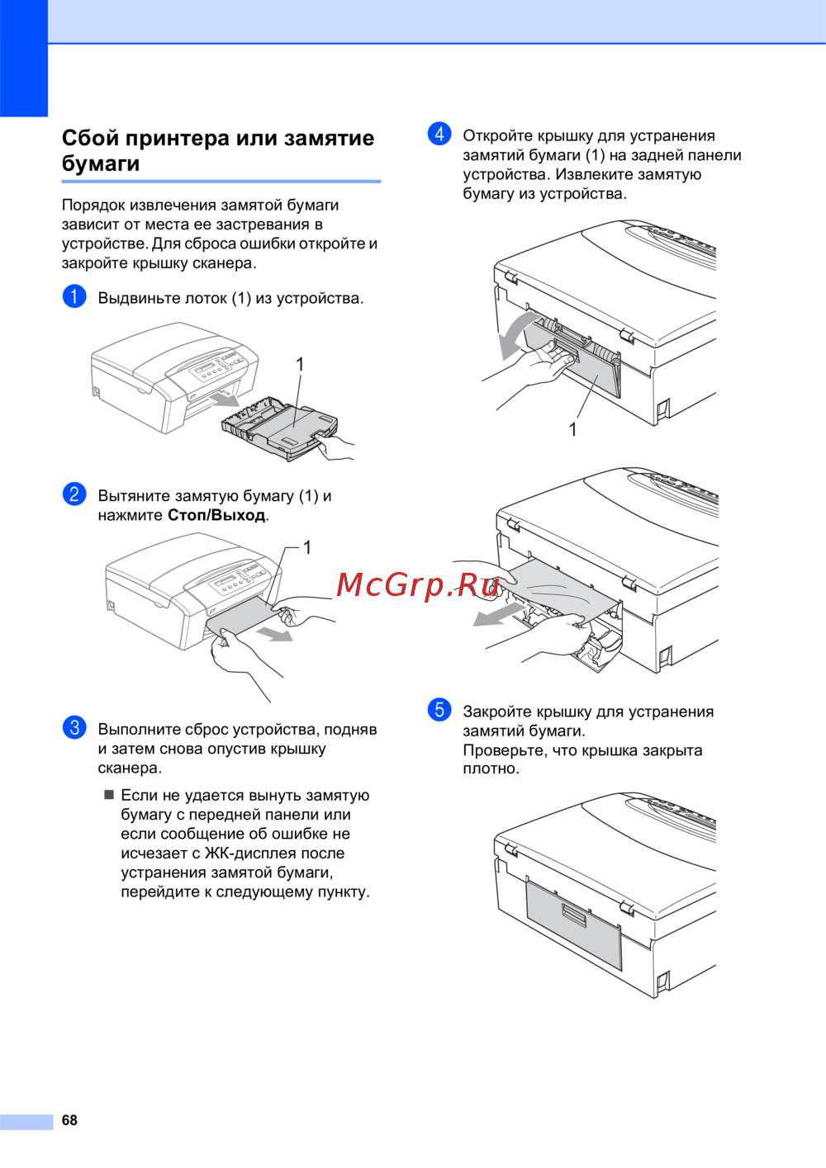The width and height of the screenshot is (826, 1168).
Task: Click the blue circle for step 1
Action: coord(74,296)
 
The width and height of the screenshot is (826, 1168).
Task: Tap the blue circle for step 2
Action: coord(74,494)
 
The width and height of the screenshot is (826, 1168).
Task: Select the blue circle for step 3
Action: coord(74,727)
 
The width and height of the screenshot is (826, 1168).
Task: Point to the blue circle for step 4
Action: coord(439,134)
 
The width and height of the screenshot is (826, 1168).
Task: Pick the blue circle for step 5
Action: coord(439,710)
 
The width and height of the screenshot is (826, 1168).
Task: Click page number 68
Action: coord(69,1120)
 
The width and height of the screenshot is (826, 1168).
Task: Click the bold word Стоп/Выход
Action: coord(216,515)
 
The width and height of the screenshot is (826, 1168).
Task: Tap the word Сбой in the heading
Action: coord(90,138)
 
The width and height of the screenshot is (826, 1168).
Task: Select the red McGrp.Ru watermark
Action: coord(418,584)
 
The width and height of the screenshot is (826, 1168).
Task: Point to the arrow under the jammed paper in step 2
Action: coord(273,633)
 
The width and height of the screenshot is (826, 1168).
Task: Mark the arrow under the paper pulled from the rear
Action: coord(498,616)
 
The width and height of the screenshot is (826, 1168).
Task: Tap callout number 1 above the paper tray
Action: coord(300,364)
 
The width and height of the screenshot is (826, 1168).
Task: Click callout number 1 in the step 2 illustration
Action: coord(307,547)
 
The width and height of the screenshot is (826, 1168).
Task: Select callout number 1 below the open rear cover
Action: coord(572,429)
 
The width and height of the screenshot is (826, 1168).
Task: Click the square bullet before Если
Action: coord(108,795)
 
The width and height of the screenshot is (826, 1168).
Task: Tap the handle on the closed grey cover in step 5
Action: coord(574,914)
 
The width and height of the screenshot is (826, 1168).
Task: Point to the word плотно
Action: coord(491,768)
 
